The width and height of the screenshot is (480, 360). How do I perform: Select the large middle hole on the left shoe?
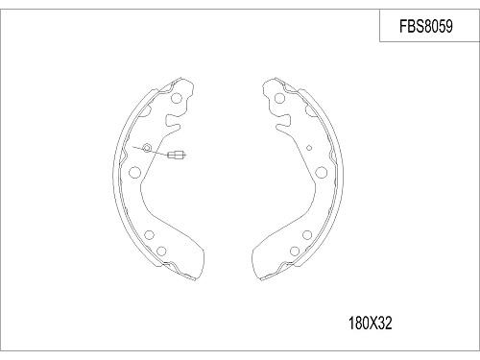[133, 173]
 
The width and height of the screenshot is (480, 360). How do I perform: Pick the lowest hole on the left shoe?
[162, 252]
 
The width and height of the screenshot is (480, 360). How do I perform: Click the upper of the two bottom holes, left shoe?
[147, 233]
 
